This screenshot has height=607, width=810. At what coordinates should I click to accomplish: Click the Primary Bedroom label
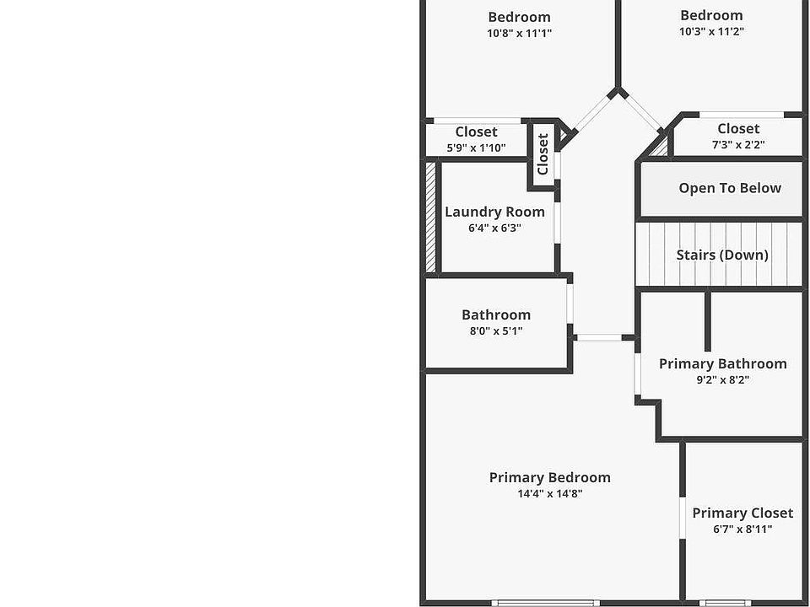pos(549,477)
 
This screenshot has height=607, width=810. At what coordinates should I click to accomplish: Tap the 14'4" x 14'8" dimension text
pos(549,494)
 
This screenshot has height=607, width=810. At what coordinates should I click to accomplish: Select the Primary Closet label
pos(742,513)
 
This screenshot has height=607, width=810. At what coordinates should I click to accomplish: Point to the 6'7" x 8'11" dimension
pos(742,529)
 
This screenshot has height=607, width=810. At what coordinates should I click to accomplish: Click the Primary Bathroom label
pos(722,363)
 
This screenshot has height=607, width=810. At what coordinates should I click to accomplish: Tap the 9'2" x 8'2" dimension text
pos(722,379)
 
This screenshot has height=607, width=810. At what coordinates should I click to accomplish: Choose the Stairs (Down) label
pos(722,255)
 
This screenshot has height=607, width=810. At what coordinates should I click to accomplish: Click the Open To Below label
pos(730,188)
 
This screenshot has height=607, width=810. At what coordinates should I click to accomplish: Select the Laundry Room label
pos(494,212)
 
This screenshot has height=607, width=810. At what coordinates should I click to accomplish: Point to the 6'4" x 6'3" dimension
pos(494,228)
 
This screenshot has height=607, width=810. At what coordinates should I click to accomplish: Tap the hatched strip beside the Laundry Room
pos(429,217)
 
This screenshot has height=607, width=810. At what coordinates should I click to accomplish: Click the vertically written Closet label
pos(543,153)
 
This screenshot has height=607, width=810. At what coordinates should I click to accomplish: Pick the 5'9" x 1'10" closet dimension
pos(476,148)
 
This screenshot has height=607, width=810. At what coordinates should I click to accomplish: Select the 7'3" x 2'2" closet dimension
pos(738,145)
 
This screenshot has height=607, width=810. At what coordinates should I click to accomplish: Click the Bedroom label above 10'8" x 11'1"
pos(519,17)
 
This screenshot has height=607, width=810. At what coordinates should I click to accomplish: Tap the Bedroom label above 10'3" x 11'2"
pos(711,15)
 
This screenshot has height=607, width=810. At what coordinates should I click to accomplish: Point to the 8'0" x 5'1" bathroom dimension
pos(496,331)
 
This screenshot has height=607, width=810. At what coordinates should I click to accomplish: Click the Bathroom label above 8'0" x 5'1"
pos(496,314)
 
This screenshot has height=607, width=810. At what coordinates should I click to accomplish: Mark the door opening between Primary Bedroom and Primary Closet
pos(682,518)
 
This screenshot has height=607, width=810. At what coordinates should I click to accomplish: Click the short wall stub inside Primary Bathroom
pos(707,320)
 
